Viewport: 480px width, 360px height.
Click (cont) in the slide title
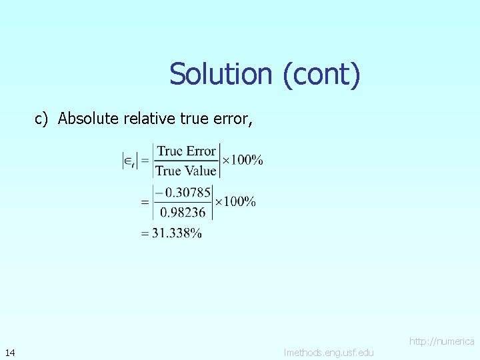coord(321,74)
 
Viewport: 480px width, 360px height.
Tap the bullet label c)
coord(43,119)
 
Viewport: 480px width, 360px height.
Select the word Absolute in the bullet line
coord(85,119)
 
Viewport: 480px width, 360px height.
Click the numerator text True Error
coord(187,151)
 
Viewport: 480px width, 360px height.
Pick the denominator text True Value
coord(186,171)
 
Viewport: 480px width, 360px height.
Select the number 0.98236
coord(185,212)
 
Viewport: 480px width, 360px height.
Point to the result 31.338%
coord(176,233)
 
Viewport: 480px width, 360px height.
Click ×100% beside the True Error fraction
coord(242,160)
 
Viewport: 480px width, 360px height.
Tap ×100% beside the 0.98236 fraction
coord(235,201)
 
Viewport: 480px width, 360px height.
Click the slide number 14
coord(10,352)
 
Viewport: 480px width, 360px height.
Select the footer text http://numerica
coord(441,341)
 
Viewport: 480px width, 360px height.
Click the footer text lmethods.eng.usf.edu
coord(329,352)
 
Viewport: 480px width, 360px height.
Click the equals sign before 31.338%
coord(145,233)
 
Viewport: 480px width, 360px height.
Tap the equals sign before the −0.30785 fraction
coord(145,201)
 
